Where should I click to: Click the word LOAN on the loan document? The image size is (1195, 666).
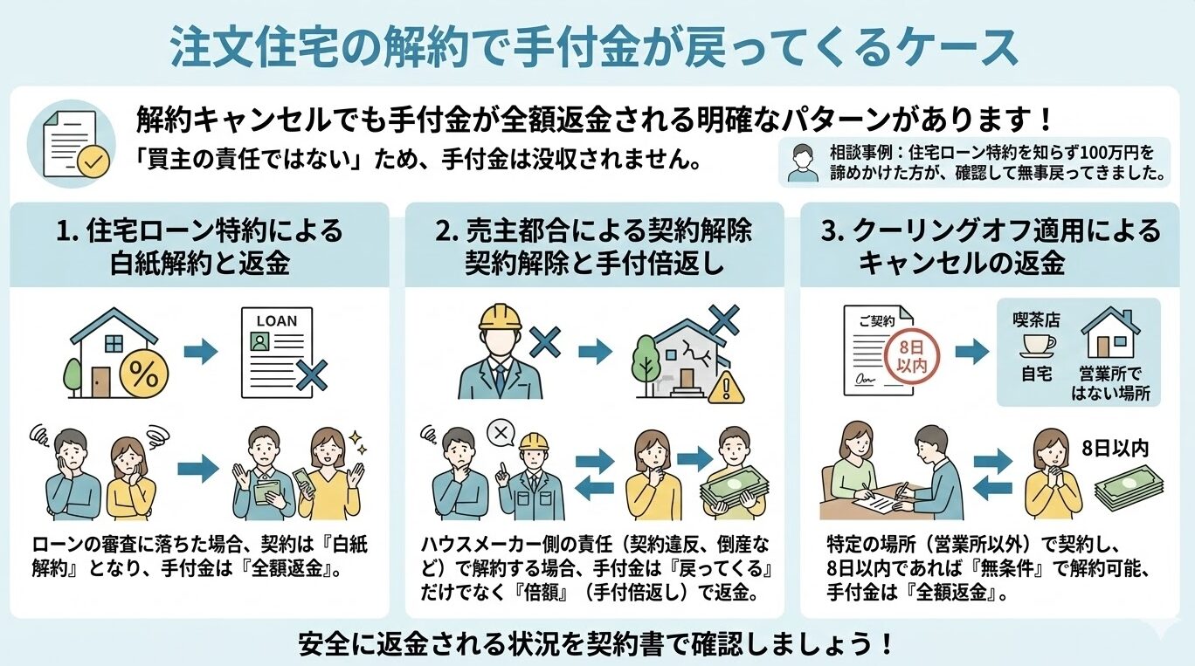point(276,321)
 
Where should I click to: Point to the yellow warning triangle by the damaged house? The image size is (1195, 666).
point(722,388)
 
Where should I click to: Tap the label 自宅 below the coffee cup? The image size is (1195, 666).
point(1036,374)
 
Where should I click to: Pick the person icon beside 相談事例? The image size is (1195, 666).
point(803,162)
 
